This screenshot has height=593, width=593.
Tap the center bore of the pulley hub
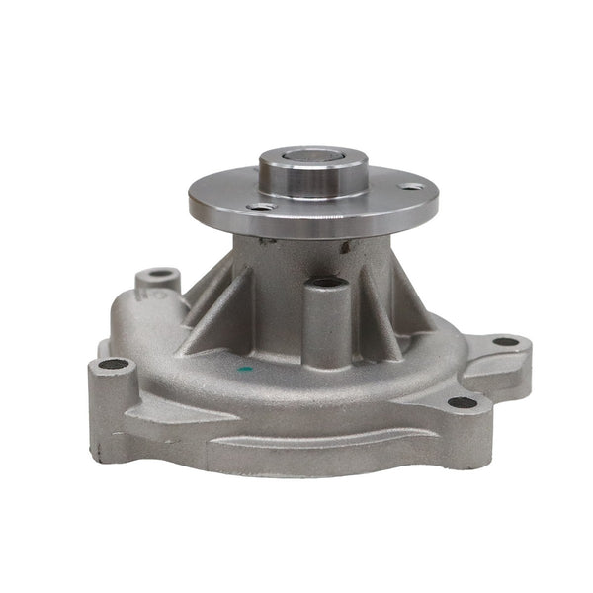[x=314, y=156]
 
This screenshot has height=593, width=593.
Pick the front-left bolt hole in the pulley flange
[x=261, y=206]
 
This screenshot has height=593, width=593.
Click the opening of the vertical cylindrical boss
[x=327, y=284]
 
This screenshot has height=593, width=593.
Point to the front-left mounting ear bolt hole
[x=114, y=364]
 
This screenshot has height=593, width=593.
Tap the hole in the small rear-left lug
[x=160, y=274]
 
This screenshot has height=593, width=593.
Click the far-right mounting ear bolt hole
[x=506, y=342]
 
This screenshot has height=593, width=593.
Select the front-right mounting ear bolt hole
[x=462, y=402]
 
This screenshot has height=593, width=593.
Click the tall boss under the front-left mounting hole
[x=111, y=405]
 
